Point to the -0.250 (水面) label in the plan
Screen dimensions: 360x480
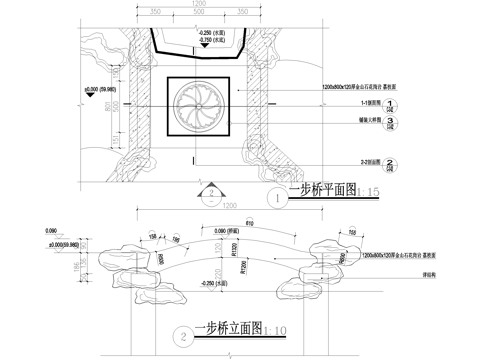point(211,33)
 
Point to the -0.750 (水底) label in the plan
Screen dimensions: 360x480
point(211,40)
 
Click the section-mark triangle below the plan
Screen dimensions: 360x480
point(211,191)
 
